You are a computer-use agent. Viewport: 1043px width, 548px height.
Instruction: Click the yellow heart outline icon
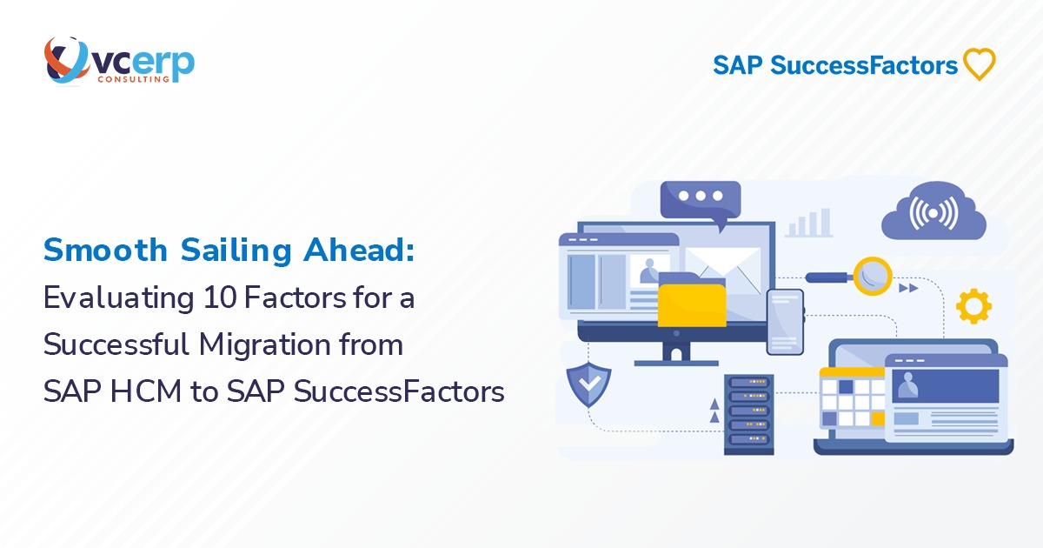point(980,64)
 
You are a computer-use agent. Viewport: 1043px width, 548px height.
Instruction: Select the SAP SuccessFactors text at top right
point(835,65)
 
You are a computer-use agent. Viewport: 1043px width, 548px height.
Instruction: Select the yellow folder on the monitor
point(692,301)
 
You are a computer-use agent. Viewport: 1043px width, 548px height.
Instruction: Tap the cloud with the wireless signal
point(933,212)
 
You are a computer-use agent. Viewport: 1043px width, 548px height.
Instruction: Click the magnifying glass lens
point(871,277)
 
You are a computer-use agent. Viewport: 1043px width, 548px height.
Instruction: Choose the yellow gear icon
point(973,306)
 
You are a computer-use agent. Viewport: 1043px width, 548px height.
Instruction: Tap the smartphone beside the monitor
point(785,321)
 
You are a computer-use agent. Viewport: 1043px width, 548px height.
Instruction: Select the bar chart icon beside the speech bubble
point(807,223)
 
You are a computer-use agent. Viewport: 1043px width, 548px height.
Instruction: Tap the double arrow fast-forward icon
point(908,288)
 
